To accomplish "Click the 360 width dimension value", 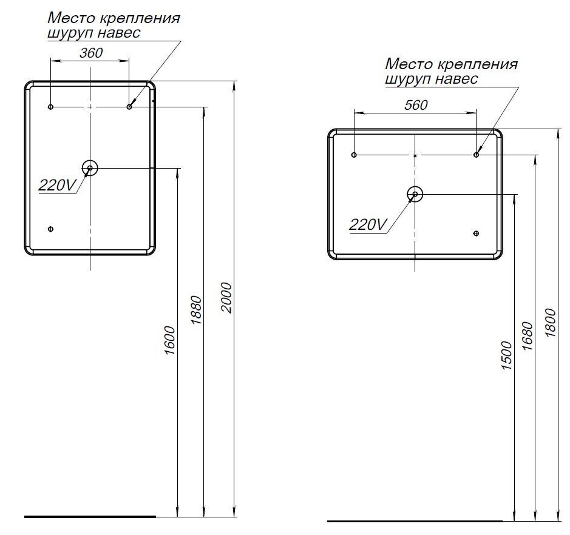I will [91, 53].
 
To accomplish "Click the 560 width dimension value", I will [416, 105].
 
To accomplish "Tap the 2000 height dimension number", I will [226, 297].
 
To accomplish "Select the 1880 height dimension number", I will [197, 311].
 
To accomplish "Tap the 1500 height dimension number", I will [507, 355].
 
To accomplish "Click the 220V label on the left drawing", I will [56, 186].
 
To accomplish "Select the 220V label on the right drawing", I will [368, 225].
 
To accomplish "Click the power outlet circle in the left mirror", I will [90, 167].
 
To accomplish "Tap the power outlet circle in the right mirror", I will [415, 194].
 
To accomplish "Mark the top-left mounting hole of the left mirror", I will [51, 107].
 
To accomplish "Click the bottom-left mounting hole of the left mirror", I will [51, 229].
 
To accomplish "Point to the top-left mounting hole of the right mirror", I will [354, 155].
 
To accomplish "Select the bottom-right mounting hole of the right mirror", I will [476, 234].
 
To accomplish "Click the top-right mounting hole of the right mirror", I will [477, 155].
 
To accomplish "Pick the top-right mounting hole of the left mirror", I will [129, 107].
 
